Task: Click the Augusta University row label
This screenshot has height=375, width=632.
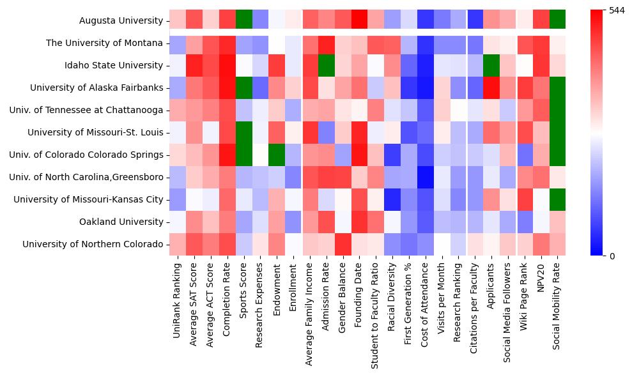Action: click(121, 20)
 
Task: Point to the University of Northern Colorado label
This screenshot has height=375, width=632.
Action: click(93, 244)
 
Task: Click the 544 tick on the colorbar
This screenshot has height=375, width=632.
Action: click(617, 11)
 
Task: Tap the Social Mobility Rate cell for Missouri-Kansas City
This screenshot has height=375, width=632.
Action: click(558, 199)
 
